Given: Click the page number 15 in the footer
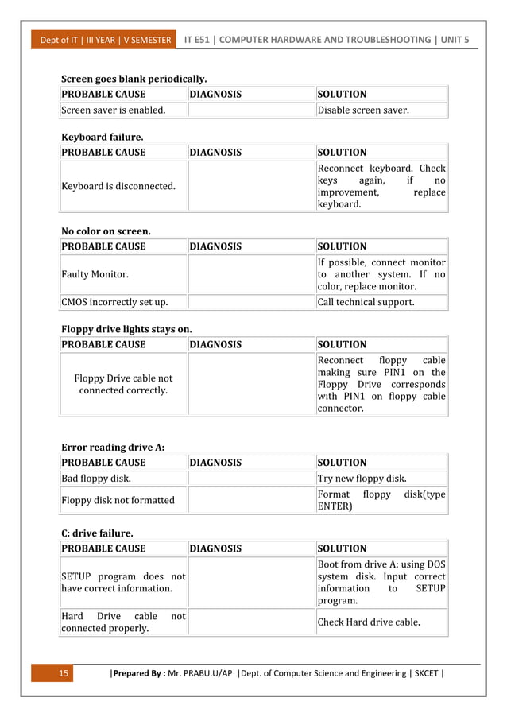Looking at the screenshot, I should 65,674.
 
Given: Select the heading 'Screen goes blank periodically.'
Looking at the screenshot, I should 134,79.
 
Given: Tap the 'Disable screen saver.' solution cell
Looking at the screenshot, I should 363,110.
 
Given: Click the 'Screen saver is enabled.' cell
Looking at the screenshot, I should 114,110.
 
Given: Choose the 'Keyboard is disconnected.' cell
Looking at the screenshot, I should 118,186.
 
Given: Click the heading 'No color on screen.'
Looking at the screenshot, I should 106,231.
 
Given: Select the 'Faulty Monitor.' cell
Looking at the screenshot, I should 95,274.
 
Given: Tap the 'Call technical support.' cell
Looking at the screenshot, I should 366,302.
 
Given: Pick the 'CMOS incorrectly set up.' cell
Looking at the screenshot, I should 114,302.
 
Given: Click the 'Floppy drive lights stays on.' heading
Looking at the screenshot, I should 126,328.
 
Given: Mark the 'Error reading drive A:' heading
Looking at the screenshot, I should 113,447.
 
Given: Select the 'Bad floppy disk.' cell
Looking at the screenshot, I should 96,478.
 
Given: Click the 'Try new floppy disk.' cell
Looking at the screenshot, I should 362,478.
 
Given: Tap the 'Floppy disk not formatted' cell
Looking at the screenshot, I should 118,500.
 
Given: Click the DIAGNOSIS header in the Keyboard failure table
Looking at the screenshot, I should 215,152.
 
